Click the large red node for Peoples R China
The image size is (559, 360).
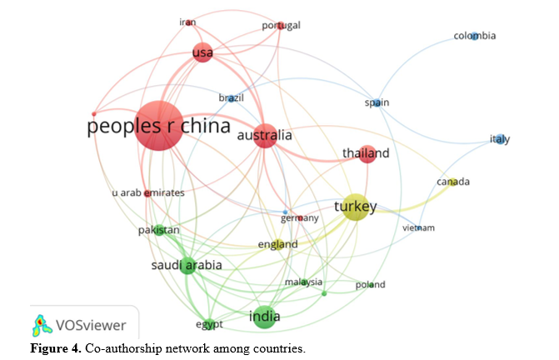pyautogui.click(x=159, y=126)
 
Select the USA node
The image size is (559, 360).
pyautogui.click(x=202, y=52)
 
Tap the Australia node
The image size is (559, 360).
pyautogui.click(x=265, y=136)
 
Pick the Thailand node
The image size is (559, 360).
pyautogui.click(x=367, y=154)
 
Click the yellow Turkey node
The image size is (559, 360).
pyautogui.click(x=356, y=207)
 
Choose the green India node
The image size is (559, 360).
pyautogui.click(x=264, y=317)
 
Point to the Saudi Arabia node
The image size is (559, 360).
pyautogui.click(x=187, y=266)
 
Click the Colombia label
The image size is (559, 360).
pyautogui.click(x=475, y=36)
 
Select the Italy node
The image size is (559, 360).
pyautogui.click(x=501, y=139)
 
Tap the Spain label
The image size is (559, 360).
pyautogui.click(x=377, y=103)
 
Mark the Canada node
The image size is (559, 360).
pyautogui.click(x=452, y=182)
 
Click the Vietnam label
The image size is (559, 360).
pyautogui.click(x=418, y=227)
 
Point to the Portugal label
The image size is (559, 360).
pyautogui.click(x=281, y=26)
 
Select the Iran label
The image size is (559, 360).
pyautogui.click(x=187, y=22)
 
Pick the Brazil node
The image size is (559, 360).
pyautogui.click(x=231, y=98)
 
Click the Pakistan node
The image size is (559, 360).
pyautogui.click(x=159, y=230)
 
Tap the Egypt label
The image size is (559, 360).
pyautogui.click(x=209, y=325)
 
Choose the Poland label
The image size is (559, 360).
pyautogui.click(x=370, y=284)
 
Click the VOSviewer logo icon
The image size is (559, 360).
pyautogui.click(x=42, y=326)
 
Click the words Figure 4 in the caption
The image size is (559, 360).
pyautogui.click(x=56, y=348)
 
